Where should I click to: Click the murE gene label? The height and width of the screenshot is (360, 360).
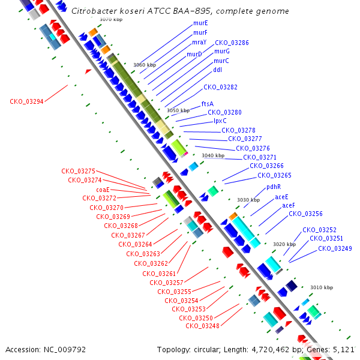[x=200, y=23]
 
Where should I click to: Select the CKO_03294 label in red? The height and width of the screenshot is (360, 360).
[x=26, y=101]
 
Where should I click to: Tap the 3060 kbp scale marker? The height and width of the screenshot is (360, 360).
[x=145, y=65]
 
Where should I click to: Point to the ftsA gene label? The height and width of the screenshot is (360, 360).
[x=208, y=104]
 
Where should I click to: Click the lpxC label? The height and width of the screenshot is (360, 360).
[x=220, y=121]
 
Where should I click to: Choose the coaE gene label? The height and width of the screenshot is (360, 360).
[x=103, y=190]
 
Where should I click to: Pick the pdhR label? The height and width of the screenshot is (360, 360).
[x=274, y=187]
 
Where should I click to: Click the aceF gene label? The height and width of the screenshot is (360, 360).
[x=289, y=205]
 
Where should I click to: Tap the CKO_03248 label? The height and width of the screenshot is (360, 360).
[x=203, y=326]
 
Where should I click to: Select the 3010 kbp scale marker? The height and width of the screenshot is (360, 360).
[x=322, y=287]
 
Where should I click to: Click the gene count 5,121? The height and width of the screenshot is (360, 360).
[x=343, y=350]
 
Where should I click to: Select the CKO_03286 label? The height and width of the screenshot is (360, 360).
[x=232, y=43]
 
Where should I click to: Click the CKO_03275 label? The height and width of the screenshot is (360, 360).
[x=78, y=171]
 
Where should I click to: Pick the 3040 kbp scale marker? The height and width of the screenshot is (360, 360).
[x=213, y=155]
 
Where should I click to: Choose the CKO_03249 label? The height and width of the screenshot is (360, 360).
[x=335, y=248]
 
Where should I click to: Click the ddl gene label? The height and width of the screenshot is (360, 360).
[x=218, y=70]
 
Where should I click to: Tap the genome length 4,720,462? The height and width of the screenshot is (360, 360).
[x=271, y=350]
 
